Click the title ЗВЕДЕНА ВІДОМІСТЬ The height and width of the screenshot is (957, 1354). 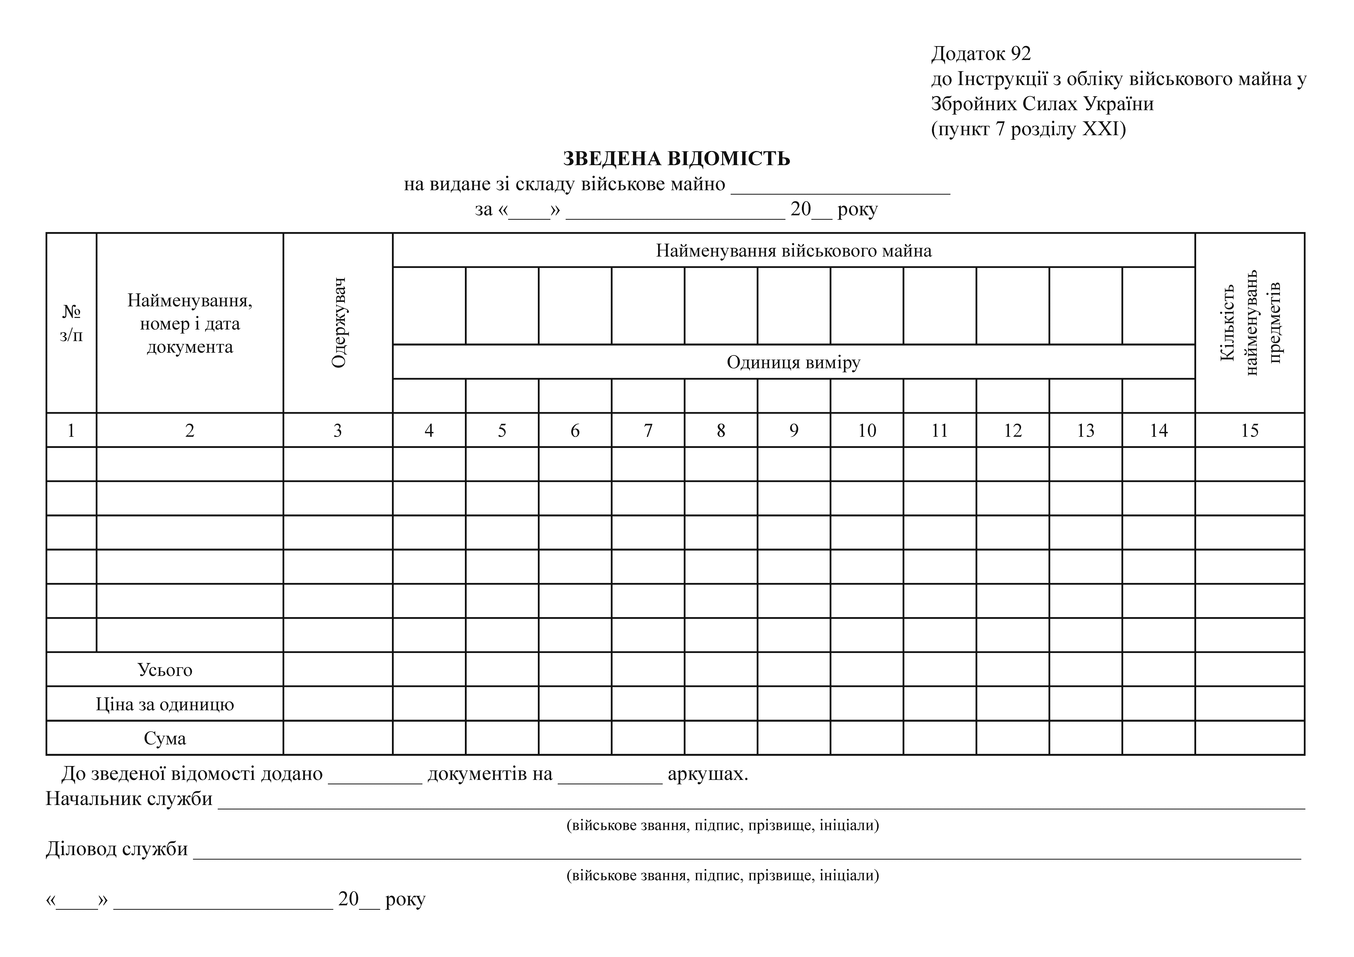tap(676, 159)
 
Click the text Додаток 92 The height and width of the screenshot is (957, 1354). tap(981, 54)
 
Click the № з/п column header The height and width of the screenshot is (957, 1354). tap(71, 323)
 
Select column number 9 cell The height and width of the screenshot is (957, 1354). tap(794, 430)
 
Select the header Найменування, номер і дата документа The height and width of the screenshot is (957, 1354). tap(190, 323)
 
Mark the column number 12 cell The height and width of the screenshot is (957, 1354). tap(1013, 430)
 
